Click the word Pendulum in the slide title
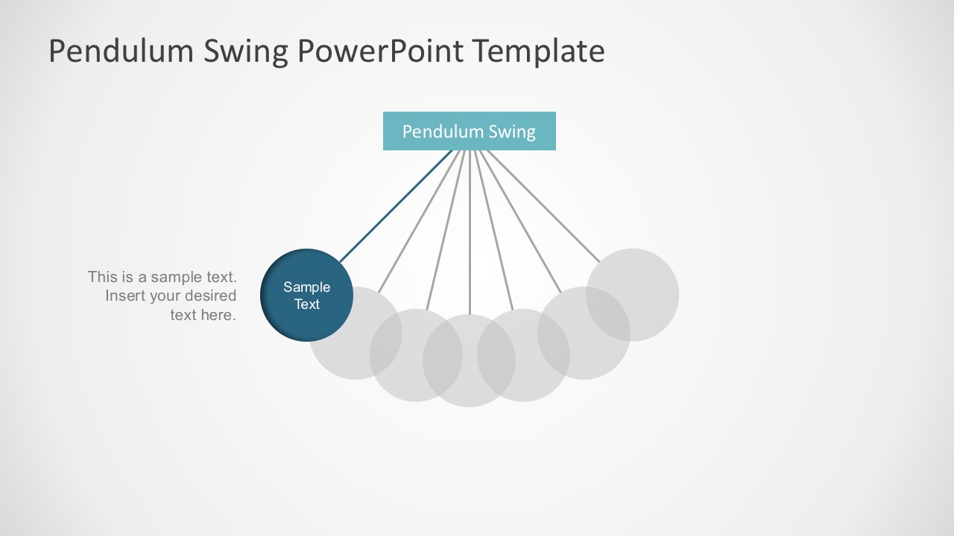[121, 51]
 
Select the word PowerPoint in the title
[380, 51]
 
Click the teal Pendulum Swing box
[470, 131]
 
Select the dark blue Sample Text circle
[306, 296]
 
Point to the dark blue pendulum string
[396, 206]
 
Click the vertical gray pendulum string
[470, 232]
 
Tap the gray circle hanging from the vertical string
[469, 361]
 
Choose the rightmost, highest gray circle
[633, 295]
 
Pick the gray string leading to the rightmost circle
[543, 206]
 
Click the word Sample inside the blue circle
[306, 287]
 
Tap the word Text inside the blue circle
[306, 304]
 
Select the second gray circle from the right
[584, 333]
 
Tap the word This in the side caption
[102, 277]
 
